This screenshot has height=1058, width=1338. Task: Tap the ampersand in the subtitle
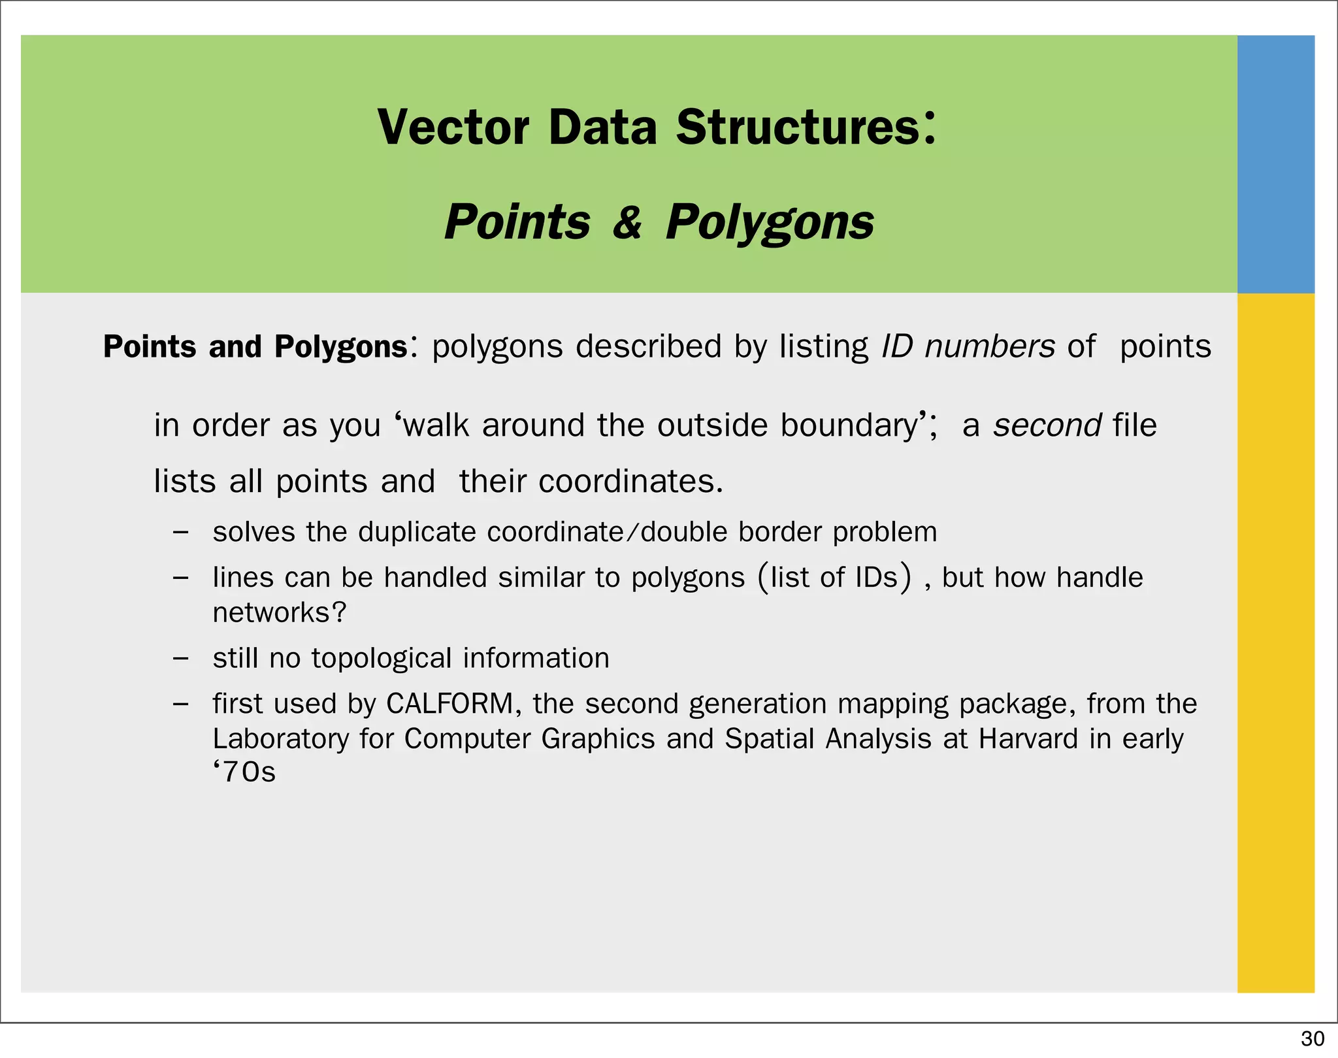coord(627,222)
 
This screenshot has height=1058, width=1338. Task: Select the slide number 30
coord(1313,1038)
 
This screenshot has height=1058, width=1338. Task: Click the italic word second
coord(1047,425)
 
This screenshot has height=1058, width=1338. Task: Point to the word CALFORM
coord(449,704)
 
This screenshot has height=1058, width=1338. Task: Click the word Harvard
coord(1028,739)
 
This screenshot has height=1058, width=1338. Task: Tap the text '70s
coord(244,772)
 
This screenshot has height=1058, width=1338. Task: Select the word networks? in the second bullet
coord(279,613)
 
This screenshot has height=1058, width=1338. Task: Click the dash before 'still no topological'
coord(181,658)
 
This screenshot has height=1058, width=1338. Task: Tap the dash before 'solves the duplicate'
coord(181,532)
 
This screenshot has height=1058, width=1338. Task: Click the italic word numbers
coord(989,346)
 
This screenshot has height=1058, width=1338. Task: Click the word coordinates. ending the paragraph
coord(630,482)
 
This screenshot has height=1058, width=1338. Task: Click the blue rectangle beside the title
coord(1275,163)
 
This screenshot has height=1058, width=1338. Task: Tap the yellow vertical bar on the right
coord(1275,640)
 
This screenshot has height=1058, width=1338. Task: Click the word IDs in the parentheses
coord(875,578)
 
